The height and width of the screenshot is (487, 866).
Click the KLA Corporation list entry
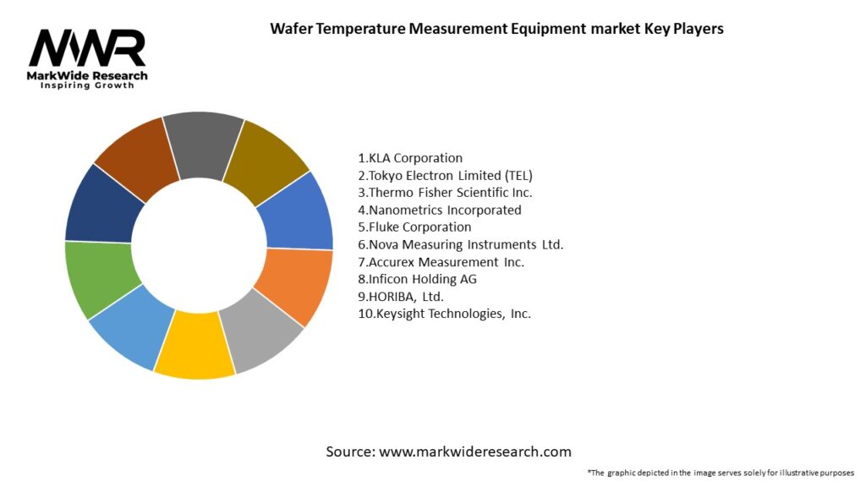tap(410, 158)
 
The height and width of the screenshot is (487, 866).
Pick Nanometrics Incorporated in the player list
tap(440, 210)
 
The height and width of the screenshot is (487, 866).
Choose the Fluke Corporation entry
tap(414, 227)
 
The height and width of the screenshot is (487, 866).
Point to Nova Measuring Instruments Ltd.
tap(460, 244)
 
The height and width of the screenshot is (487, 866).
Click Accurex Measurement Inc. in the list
tap(441, 262)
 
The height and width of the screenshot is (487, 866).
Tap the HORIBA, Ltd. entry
tap(401, 297)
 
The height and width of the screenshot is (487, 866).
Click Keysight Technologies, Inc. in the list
tap(445, 314)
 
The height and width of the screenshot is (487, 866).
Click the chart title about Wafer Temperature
tap(496, 29)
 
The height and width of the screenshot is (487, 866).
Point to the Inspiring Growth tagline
tap(87, 86)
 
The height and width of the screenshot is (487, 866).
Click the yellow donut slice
tap(195, 346)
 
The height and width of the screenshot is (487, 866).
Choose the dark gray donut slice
tap(203, 144)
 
